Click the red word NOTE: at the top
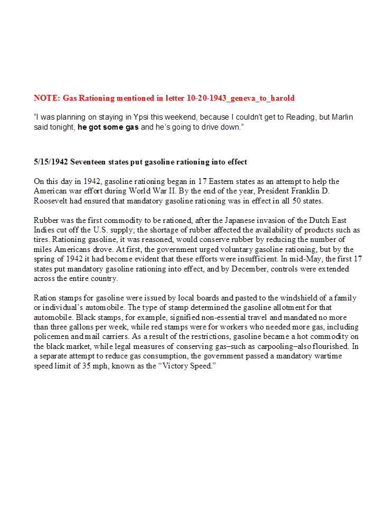(46, 98)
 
